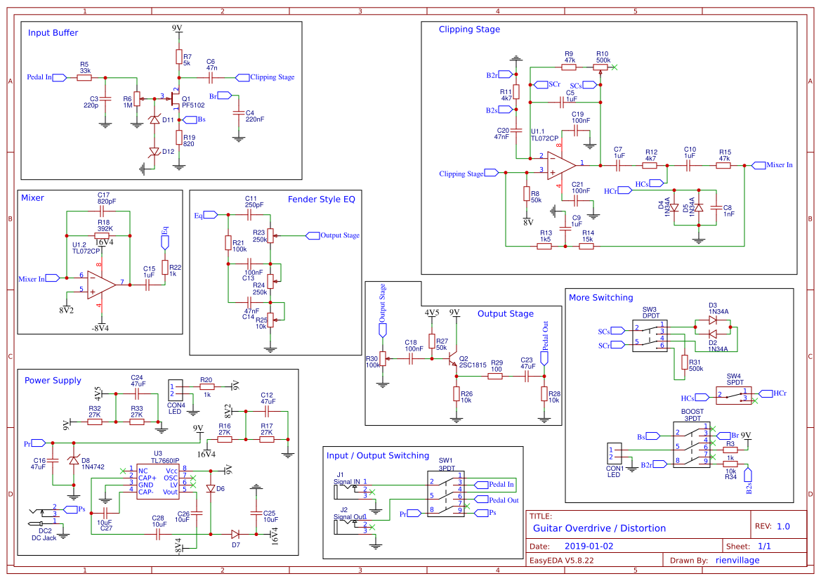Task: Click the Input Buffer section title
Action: (x=53, y=33)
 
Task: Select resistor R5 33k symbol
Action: (x=84, y=77)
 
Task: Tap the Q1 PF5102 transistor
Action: (x=176, y=99)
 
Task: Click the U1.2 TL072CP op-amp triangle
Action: (x=101, y=284)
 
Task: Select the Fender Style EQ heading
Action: (x=321, y=200)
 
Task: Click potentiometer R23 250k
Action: (x=272, y=236)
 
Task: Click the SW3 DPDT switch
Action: (x=650, y=337)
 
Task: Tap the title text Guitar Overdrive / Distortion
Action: (x=599, y=528)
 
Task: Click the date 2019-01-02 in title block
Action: (x=589, y=546)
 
